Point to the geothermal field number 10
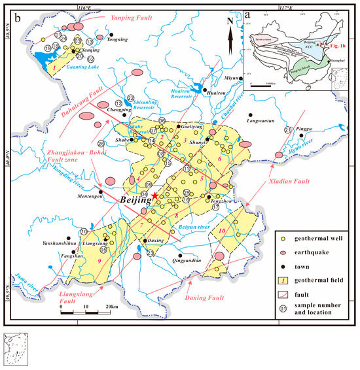pos(223,231)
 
